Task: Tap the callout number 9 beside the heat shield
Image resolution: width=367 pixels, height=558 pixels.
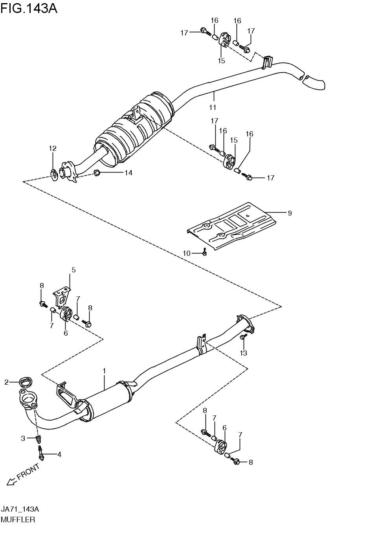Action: tap(290, 213)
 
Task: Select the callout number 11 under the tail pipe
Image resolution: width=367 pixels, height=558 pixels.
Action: tap(213, 107)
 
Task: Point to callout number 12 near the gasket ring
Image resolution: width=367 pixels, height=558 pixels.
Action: tap(53, 149)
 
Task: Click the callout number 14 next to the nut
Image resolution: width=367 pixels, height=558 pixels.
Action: tap(128, 173)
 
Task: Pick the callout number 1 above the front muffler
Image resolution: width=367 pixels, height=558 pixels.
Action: tap(104, 371)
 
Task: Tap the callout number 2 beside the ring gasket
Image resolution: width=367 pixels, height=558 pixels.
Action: tap(6, 382)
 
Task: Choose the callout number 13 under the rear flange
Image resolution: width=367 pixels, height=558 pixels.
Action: tap(244, 353)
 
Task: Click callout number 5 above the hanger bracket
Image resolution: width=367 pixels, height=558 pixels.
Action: tap(73, 270)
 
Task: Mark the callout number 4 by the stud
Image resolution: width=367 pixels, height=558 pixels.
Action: tap(59, 455)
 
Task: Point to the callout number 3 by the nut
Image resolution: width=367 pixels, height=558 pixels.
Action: tap(23, 438)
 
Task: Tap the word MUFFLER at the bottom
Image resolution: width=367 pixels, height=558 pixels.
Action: tap(18, 519)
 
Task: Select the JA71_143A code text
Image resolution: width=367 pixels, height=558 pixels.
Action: tap(20, 509)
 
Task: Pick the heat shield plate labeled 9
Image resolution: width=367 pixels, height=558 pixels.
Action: tap(232, 226)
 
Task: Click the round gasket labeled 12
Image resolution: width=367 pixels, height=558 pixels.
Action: tap(54, 173)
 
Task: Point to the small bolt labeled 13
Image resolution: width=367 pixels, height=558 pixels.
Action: tap(244, 337)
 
